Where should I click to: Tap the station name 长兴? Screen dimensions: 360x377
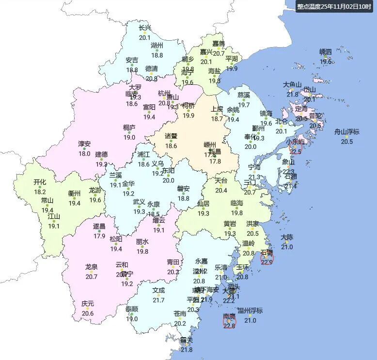point(145,28)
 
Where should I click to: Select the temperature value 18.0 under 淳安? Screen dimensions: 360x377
point(85,154)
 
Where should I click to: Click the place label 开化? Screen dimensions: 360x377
point(40,182)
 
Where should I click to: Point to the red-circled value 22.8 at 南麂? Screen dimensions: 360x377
point(229,326)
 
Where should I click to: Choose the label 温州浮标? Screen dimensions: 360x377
point(250,311)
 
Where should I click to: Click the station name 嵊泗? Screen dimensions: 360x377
point(326,52)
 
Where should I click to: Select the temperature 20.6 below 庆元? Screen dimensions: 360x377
point(88,313)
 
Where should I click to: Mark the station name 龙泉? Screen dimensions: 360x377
point(91,267)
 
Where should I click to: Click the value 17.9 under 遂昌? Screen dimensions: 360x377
point(99,236)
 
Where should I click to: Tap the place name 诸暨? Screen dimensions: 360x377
point(171,136)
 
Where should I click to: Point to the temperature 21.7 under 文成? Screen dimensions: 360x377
point(158,300)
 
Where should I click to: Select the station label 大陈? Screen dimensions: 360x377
point(287,237)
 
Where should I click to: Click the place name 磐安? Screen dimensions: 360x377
point(183,189)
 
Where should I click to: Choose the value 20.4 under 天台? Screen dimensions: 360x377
point(221,190)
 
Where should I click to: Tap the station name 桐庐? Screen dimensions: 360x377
point(129,128)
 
